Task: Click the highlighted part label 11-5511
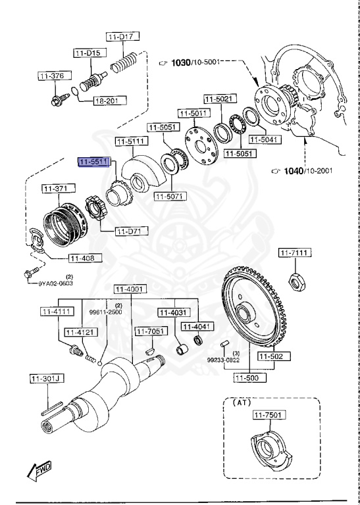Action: (x=93, y=161)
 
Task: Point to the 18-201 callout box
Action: (x=107, y=101)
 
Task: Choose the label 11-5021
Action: (x=217, y=99)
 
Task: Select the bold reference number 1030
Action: (x=180, y=62)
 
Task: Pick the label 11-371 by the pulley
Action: (x=56, y=189)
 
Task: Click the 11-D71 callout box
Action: (x=132, y=231)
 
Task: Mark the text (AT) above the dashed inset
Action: (x=239, y=402)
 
